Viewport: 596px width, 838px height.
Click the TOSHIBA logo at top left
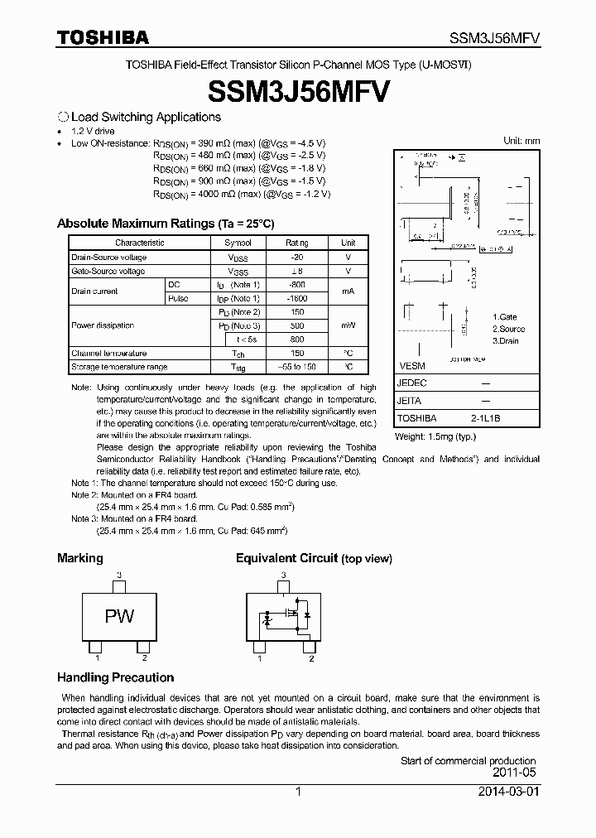tap(103, 37)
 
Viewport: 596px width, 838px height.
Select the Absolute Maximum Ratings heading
tap(166, 224)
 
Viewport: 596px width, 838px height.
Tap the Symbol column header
tap(238, 243)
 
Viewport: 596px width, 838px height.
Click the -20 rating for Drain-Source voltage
tap(296, 258)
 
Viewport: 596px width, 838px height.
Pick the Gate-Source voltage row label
tap(108, 271)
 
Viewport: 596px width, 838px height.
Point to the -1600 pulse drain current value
tap(296, 298)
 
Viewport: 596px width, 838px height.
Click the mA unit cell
tap(348, 291)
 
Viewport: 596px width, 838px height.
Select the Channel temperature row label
tap(108, 353)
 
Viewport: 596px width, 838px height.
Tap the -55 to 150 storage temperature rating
tap(296, 366)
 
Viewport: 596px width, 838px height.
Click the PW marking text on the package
tap(119, 617)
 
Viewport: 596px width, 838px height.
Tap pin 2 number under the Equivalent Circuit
tap(311, 659)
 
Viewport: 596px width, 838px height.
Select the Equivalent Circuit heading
tap(313, 559)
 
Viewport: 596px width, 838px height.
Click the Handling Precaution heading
tap(115, 677)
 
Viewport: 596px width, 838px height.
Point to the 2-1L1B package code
tap(486, 419)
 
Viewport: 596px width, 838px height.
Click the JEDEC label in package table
tap(411, 384)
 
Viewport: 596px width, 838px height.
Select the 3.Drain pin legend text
tap(506, 341)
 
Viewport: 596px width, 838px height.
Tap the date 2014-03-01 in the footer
tap(507, 792)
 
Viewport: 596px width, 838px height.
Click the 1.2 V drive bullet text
tap(93, 131)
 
